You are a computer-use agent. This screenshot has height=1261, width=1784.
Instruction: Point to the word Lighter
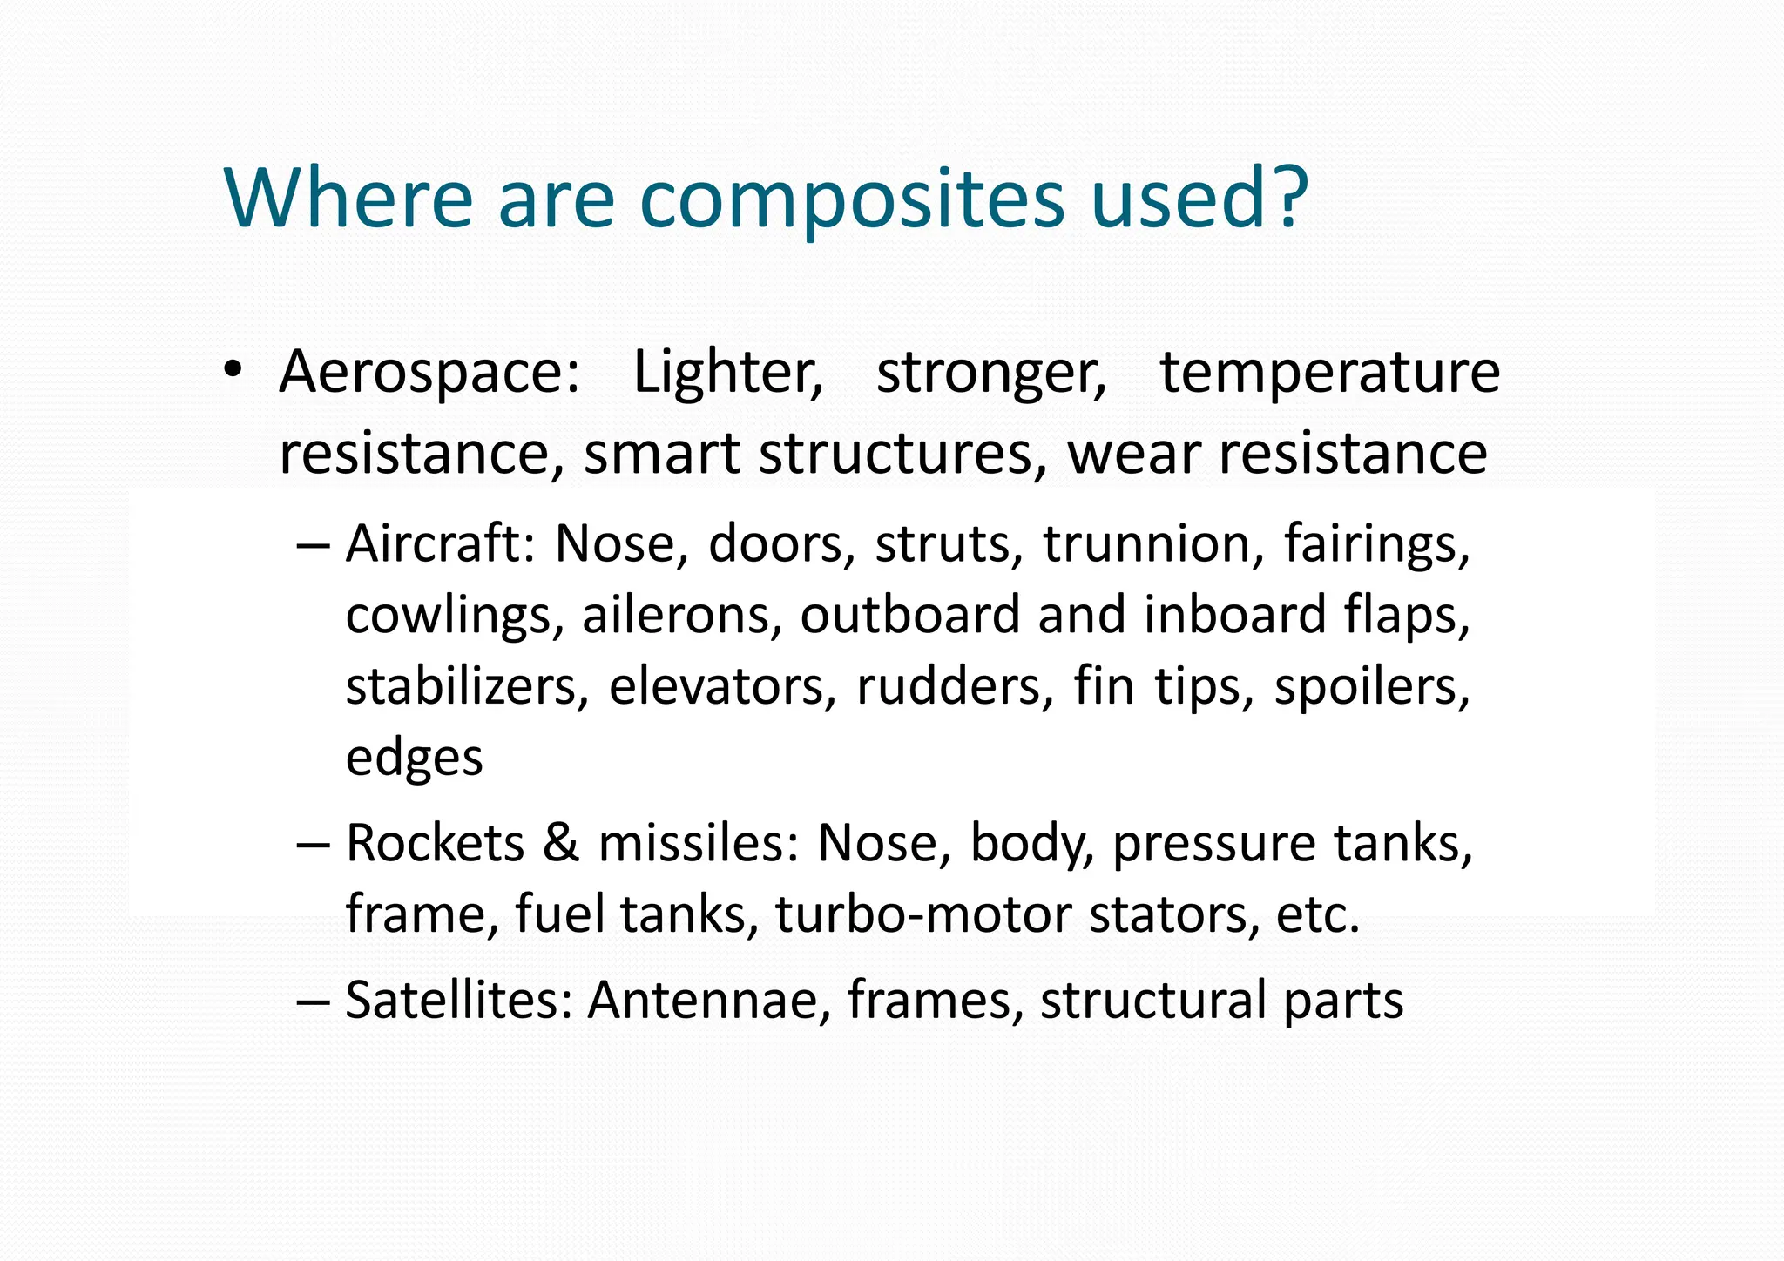727,373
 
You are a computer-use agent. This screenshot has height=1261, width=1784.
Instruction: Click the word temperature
1329,373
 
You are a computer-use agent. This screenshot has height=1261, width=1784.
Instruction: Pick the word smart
661,455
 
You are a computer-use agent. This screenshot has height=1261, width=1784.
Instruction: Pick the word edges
414,759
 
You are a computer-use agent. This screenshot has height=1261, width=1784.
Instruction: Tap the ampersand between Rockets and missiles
561,844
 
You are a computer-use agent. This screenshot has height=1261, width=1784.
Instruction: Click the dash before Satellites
313,1001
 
